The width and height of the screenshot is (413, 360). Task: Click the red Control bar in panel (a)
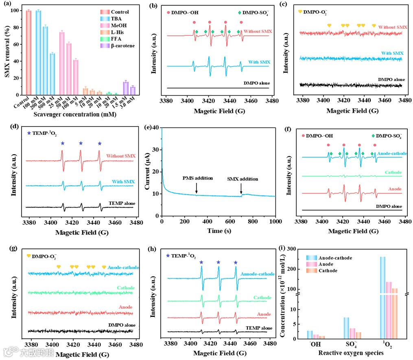point(28,53)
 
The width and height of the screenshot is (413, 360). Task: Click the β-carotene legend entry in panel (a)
point(122,46)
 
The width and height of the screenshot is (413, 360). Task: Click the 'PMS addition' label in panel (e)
point(197,178)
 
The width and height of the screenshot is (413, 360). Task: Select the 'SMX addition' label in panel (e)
point(243,179)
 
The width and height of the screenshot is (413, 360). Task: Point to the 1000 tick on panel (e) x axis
point(275,222)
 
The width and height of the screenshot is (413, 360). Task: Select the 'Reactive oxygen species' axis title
point(351,353)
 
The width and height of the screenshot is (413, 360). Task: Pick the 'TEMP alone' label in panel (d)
point(122,203)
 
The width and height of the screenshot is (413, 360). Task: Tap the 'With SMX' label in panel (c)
point(392,53)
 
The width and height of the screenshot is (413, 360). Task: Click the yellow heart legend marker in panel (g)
point(28,256)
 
